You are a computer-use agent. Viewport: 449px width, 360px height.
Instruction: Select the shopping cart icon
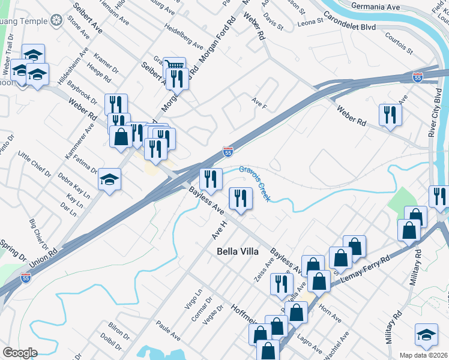[x=174, y=65]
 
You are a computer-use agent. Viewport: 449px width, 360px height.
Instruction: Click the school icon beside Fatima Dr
[x=110, y=179]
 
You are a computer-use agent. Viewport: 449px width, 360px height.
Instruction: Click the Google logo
[x=20, y=352]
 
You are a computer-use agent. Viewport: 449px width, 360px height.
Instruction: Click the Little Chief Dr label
[x=35, y=165]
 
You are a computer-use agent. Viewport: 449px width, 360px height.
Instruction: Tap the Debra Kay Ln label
[x=74, y=186]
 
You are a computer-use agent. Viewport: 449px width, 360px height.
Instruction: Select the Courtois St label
[x=396, y=43]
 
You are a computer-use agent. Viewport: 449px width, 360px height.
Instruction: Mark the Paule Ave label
[x=167, y=331]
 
